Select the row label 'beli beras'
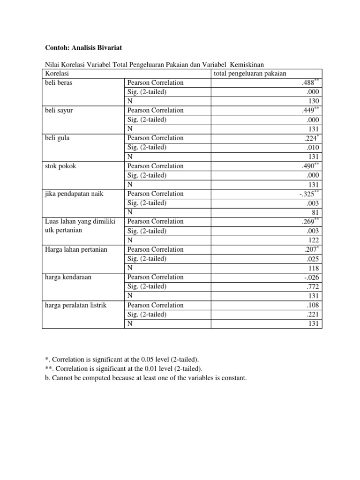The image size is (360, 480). (59, 82)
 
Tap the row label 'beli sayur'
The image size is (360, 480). (59, 110)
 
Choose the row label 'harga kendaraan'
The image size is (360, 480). (68, 277)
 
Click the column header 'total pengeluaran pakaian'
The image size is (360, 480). (250, 74)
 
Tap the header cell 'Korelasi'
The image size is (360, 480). (57, 74)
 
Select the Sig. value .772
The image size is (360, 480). (313, 286)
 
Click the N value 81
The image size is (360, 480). (315, 212)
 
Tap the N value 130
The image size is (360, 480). (313, 101)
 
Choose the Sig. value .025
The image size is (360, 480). (313, 259)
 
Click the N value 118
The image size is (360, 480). (313, 268)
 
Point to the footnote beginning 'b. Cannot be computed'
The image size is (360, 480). (145, 377)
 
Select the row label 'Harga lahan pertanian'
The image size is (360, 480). (76, 249)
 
